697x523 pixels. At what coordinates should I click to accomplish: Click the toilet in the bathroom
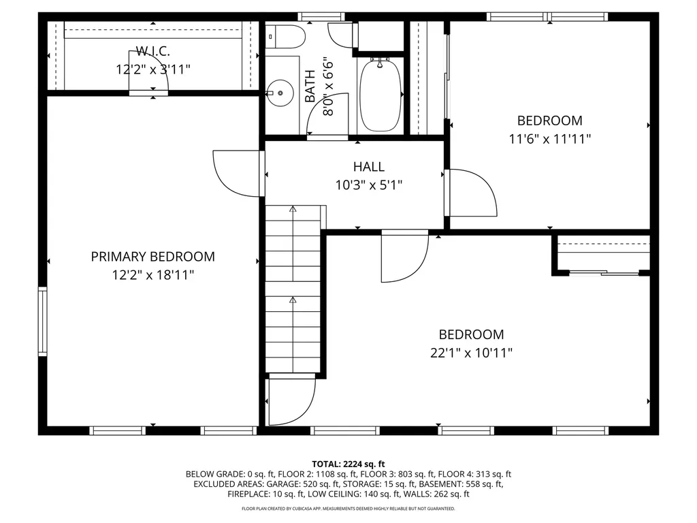click(286, 37)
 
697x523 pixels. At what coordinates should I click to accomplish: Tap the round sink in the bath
click(280, 93)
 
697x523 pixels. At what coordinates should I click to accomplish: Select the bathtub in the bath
click(380, 95)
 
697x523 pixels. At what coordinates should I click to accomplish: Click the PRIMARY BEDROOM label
click(153, 257)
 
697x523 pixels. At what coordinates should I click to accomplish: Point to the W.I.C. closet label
click(153, 51)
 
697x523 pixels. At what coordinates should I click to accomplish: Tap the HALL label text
click(369, 167)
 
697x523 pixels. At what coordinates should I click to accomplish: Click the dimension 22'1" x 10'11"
click(471, 353)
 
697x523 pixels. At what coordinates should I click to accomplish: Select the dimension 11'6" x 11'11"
click(550, 139)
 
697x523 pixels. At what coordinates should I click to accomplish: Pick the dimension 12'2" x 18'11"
click(153, 275)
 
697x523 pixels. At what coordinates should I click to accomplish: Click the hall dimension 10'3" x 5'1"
click(369, 185)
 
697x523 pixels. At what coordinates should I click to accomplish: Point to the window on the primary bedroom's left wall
click(42, 321)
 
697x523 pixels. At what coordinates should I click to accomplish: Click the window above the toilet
click(321, 17)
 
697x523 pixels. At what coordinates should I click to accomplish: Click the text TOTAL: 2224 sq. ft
click(348, 464)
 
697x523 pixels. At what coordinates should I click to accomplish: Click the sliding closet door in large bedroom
click(604, 272)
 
